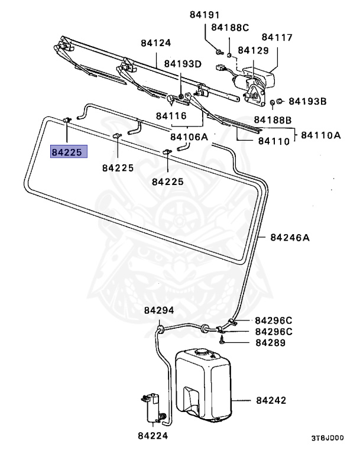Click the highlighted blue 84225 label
pyautogui.click(x=69, y=153)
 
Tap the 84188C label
pyautogui.click(x=230, y=27)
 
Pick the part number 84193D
pyautogui.click(x=183, y=64)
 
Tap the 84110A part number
pyautogui.click(x=320, y=135)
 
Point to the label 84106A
pyautogui.click(x=189, y=137)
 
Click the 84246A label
pyautogui.click(x=290, y=238)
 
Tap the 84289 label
pyautogui.click(x=271, y=342)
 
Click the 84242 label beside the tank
pyautogui.click(x=271, y=400)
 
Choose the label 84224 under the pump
pyautogui.click(x=153, y=436)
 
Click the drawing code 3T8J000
pyautogui.click(x=327, y=439)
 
